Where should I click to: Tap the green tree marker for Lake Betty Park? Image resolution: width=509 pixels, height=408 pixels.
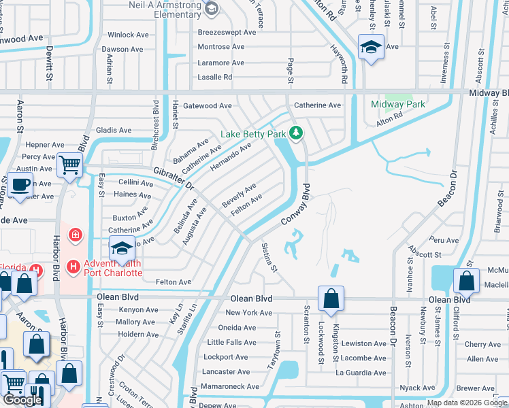click(296, 133)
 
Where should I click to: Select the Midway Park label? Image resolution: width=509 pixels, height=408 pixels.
click(397, 104)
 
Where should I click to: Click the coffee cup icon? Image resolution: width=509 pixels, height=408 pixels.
click(19, 184)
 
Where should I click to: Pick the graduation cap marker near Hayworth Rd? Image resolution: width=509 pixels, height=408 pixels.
click(371, 48)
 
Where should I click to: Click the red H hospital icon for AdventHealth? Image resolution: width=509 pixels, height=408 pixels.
click(74, 267)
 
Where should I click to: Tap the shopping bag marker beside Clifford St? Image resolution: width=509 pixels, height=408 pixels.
click(467, 279)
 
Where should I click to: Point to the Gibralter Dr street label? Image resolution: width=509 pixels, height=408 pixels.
click(174, 178)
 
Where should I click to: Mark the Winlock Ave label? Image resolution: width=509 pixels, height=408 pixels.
click(131, 35)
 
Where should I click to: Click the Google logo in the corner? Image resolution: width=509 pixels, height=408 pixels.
click(22, 399)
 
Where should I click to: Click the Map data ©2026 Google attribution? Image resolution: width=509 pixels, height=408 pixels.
click(467, 403)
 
